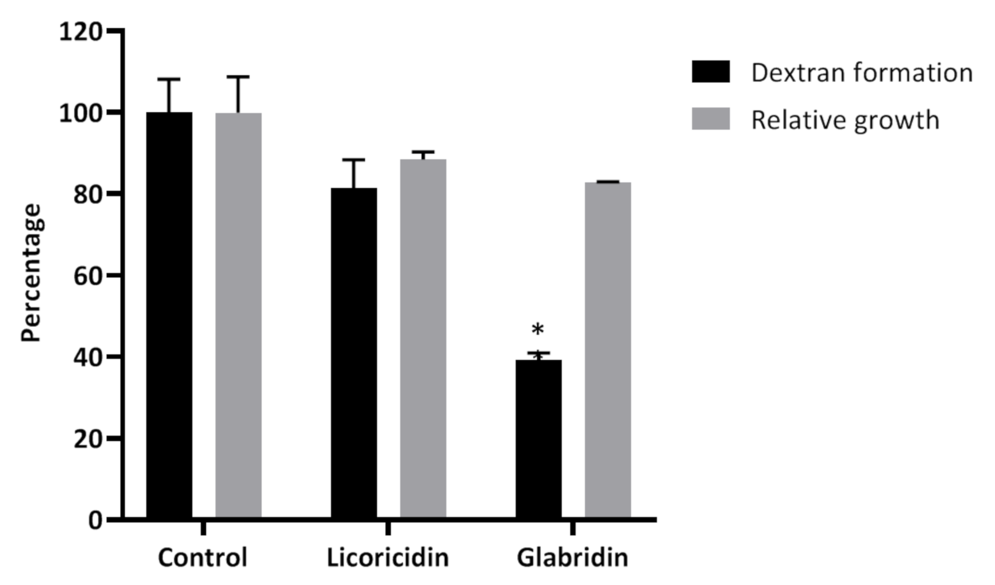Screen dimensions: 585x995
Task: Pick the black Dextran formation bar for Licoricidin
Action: (354, 352)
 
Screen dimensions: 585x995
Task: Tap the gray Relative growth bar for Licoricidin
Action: (423, 337)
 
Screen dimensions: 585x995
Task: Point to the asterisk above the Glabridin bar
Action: (538, 330)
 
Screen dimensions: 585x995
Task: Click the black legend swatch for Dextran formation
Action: (710, 72)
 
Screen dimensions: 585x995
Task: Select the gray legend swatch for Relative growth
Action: (710, 119)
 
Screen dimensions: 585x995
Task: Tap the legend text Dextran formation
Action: (862, 73)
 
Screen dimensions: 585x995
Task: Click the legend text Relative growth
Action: (845, 120)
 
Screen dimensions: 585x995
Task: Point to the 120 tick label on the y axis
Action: (80, 32)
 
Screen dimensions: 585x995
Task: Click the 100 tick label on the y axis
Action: (80, 113)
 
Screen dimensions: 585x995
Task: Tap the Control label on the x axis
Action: (202, 557)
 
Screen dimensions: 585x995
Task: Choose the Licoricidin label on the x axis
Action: (388, 557)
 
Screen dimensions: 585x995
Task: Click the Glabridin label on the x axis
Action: (573, 557)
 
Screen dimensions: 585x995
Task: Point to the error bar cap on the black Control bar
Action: (169, 79)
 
